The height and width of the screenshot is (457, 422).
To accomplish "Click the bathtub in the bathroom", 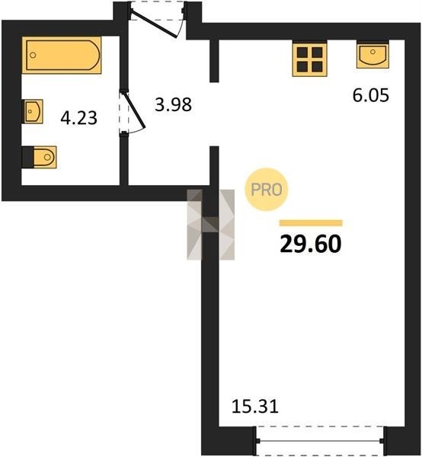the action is (62, 55).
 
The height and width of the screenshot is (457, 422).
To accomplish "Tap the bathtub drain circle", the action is (33, 55).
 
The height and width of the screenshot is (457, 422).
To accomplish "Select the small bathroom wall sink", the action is (33, 111).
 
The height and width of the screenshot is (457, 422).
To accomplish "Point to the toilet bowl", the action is (45, 157).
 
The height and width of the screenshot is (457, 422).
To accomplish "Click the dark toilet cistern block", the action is (28, 157).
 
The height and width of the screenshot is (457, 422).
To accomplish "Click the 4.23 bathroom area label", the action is (79, 118).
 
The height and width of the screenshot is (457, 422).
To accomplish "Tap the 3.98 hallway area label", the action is (173, 104).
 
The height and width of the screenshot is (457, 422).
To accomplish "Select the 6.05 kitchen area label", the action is (371, 95).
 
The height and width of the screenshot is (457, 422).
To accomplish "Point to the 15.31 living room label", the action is (255, 406).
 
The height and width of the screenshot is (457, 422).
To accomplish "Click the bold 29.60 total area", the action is (311, 244).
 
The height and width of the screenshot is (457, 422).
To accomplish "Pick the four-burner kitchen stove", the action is (310, 59).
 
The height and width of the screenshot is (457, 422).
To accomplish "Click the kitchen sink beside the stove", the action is (372, 56).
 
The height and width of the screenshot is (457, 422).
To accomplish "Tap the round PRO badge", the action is (267, 190).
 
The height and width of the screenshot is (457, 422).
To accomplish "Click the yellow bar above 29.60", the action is (311, 223).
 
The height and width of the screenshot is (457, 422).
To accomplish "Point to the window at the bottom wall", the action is (320, 440).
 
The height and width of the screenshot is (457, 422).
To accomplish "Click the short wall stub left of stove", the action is (214, 61).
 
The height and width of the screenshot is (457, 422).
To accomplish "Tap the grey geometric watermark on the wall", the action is (211, 225).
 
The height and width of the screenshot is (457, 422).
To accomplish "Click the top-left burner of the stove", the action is (302, 52).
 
